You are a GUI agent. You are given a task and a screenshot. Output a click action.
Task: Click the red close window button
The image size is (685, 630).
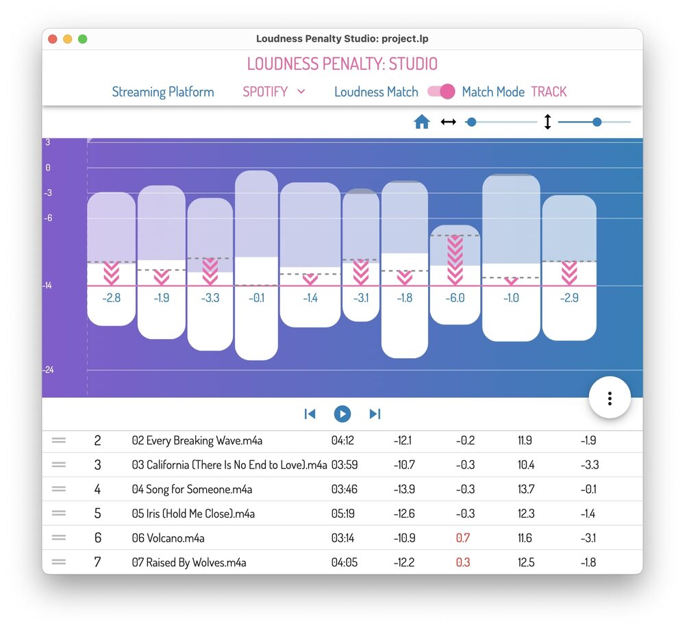53,39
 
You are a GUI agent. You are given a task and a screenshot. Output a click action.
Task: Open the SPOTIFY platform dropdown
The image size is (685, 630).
273,92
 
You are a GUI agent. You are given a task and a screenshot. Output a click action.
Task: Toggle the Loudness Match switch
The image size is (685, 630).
441,92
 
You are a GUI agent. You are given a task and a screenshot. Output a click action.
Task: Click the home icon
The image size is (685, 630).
422,122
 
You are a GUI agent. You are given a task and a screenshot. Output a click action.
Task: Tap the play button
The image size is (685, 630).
342,414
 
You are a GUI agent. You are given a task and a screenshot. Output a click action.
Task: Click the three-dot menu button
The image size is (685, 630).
610,397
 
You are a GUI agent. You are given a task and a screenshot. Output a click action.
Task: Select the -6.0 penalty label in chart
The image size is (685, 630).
455,298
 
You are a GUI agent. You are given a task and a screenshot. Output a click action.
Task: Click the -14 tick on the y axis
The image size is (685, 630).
47,286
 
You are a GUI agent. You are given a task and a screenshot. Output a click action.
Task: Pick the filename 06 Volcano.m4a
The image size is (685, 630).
168,538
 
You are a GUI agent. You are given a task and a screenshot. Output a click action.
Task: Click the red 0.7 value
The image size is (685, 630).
463,538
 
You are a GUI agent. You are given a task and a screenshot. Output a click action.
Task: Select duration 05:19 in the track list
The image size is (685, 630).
342,514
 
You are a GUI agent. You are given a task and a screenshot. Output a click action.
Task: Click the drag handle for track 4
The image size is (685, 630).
59,489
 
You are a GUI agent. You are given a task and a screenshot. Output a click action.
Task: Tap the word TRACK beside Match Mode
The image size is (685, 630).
549,92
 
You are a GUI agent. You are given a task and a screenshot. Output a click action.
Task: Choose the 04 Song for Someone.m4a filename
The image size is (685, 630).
192,490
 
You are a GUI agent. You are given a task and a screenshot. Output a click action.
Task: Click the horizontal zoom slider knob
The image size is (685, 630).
471,122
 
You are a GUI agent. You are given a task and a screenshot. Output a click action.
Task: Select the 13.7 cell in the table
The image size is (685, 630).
525,490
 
